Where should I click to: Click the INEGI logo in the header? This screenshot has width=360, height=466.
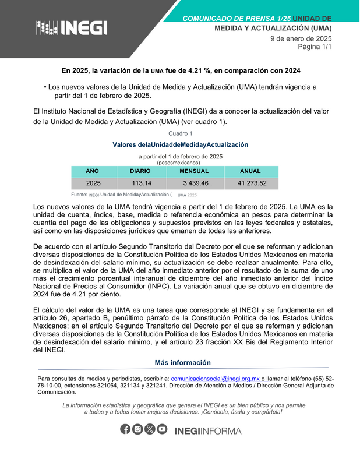[72, 27]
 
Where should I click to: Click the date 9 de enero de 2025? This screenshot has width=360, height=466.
[301, 38]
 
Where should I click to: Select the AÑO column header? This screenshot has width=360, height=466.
[93, 171]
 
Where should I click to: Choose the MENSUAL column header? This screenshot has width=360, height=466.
[194, 171]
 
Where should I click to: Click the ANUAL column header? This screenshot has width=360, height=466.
[250, 171]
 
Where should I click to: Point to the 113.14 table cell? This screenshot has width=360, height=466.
[142, 183]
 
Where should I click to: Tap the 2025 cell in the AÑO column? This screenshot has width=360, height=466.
[93, 183]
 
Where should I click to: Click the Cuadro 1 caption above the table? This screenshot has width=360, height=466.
[180, 133]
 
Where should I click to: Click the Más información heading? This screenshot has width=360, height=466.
[183, 363]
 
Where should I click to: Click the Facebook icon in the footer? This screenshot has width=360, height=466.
[125, 429]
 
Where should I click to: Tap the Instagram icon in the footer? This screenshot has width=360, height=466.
[137, 429]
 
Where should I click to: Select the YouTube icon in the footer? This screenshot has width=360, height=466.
[162, 429]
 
